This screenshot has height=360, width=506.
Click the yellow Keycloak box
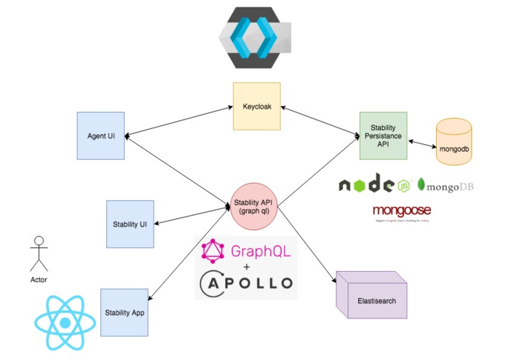256,106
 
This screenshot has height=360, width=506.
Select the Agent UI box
101,136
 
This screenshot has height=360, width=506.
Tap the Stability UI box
130,224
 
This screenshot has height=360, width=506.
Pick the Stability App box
124,312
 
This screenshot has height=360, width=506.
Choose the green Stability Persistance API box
383,136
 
